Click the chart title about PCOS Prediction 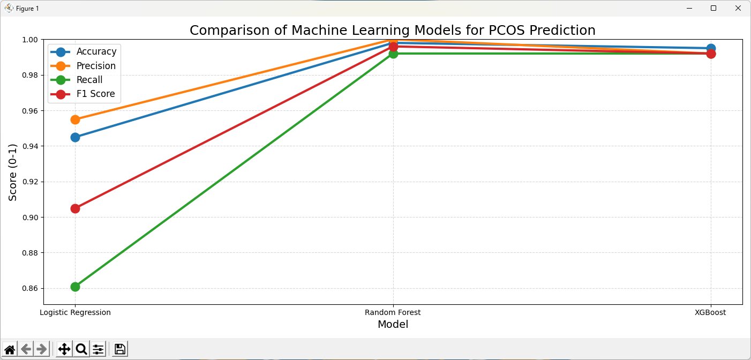393,30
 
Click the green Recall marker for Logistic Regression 75,287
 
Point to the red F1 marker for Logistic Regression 75,208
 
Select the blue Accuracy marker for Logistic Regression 75,137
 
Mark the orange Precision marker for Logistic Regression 75,119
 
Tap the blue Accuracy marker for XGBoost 711,48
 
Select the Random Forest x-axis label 393,312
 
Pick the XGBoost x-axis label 710,312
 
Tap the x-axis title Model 393,324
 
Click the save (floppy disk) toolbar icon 120,349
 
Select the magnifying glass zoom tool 81,349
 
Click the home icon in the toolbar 10,349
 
